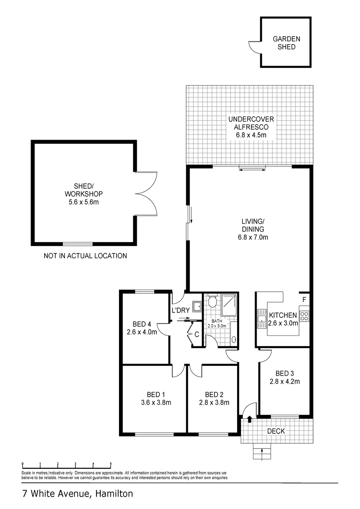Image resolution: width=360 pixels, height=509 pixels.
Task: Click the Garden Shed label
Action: (x=286, y=43)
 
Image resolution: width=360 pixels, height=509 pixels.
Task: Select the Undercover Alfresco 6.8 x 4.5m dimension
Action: (x=251, y=135)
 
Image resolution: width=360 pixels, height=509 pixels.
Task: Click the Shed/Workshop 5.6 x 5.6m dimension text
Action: (x=84, y=202)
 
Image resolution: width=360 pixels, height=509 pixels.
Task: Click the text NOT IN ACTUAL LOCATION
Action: (x=85, y=256)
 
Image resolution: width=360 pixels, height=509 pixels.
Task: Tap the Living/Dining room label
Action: (x=253, y=225)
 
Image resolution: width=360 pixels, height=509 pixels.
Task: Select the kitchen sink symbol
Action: (x=262, y=319)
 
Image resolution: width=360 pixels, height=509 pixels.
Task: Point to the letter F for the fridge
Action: (x=304, y=300)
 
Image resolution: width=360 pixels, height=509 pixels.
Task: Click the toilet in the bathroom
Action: (x=213, y=300)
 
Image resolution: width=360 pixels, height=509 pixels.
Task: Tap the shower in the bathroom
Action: (x=229, y=305)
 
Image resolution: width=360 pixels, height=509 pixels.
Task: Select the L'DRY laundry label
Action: (x=181, y=310)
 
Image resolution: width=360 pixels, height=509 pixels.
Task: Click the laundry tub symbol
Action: (x=197, y=306)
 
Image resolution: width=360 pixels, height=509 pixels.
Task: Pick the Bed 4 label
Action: (x=142, y=324)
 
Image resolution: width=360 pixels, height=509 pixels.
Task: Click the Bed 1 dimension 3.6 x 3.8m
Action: (x=156, y=402)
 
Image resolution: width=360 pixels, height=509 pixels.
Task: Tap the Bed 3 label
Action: (x=284, y=373)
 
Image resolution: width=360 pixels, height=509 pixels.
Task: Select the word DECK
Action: (x=276, y=431)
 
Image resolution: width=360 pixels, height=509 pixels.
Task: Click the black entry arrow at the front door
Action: (x=250, y=419)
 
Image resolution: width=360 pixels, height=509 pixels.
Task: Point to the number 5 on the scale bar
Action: (x=111, y=464)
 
